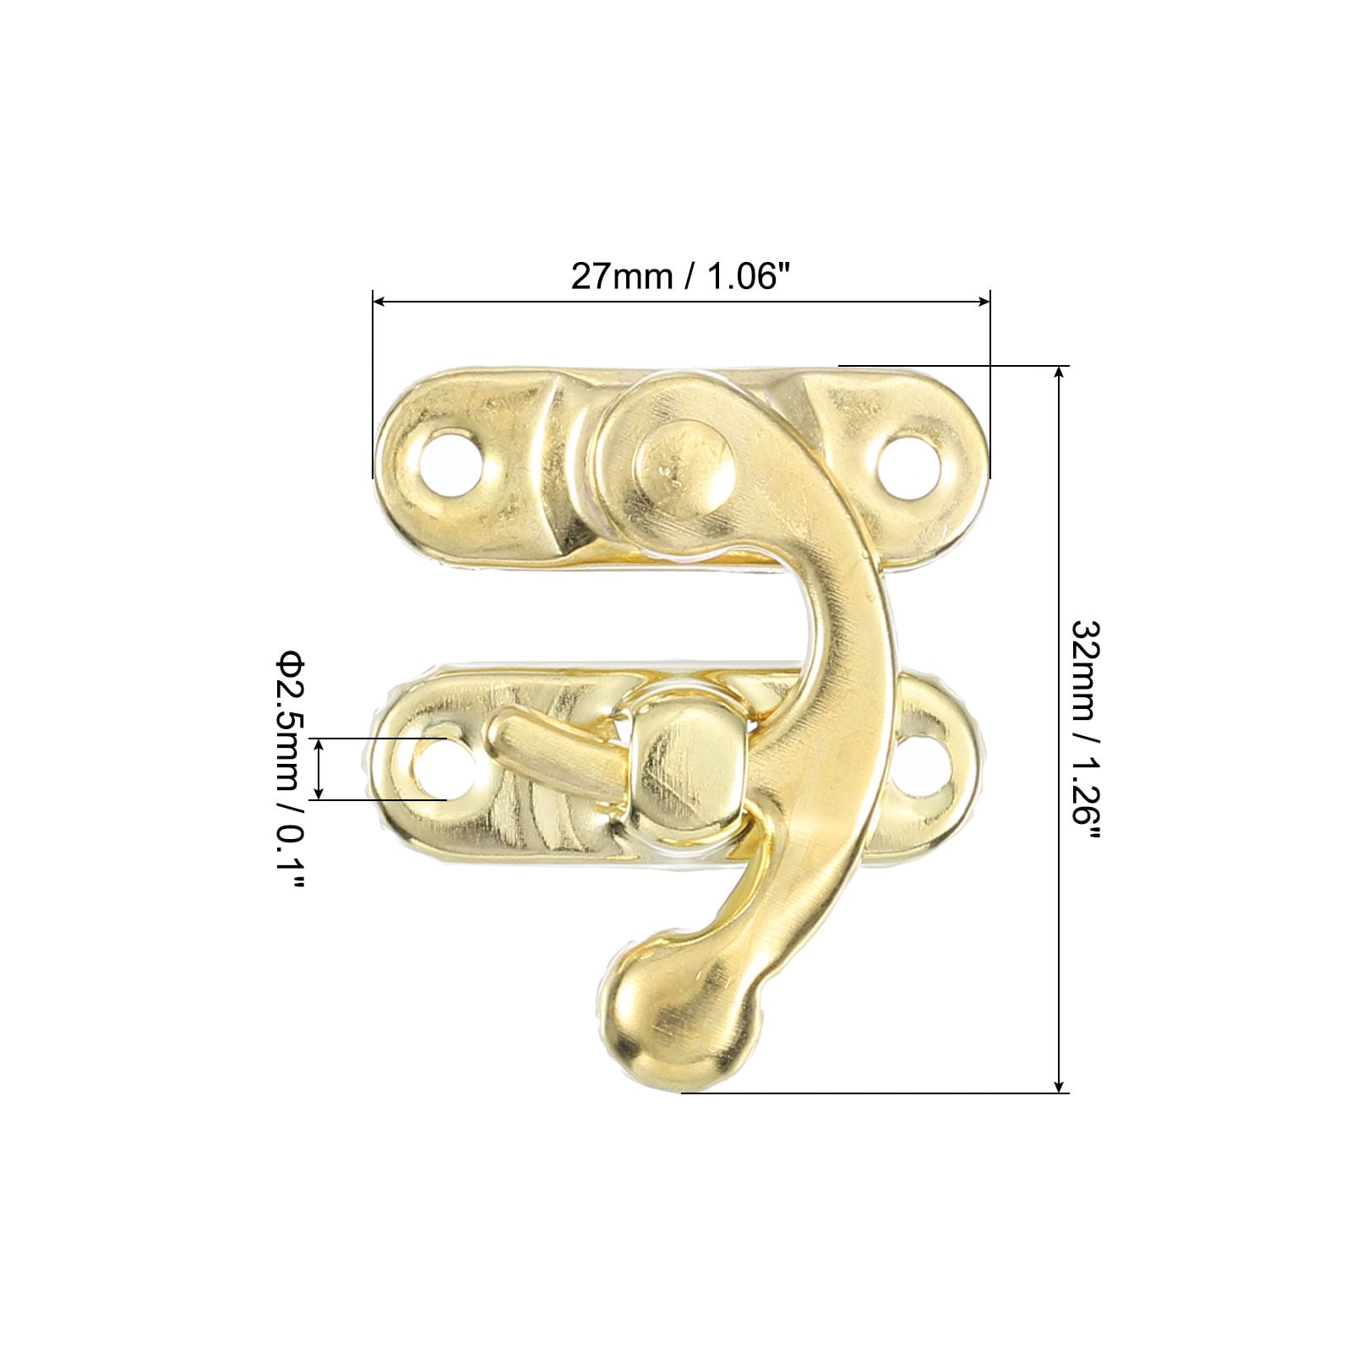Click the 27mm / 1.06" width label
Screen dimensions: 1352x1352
pyautogui.click(x=682, y=275)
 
